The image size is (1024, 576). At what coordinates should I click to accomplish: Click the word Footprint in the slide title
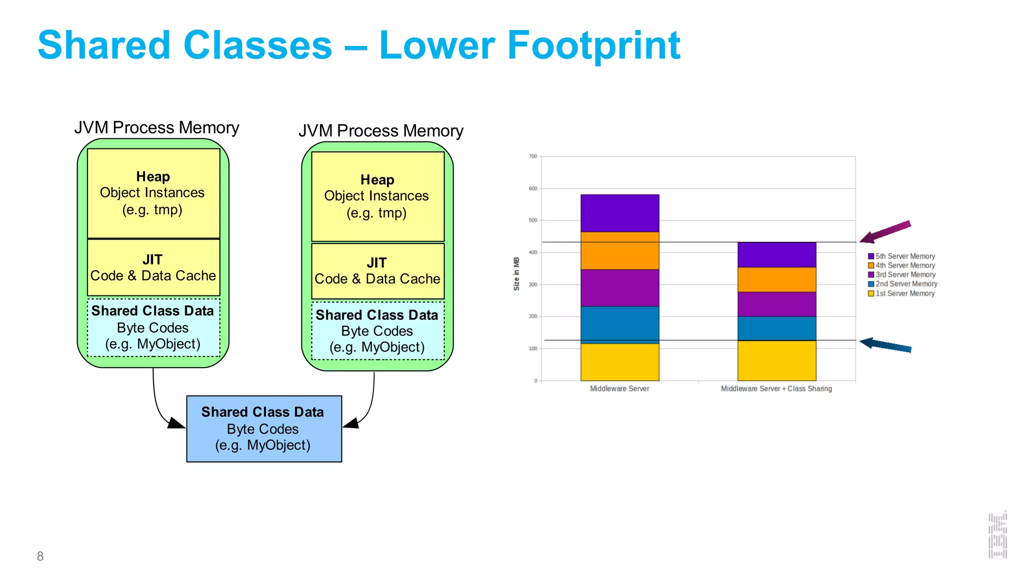[593, 46]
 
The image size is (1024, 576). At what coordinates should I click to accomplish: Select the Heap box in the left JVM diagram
[153, 193]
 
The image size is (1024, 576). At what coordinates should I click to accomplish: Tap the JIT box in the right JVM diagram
[377, 271]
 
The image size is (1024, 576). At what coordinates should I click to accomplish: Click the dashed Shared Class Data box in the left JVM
[153, 327]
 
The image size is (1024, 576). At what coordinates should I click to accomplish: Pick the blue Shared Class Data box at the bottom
[263, 428]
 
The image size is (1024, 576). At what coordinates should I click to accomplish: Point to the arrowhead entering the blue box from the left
[176, 423]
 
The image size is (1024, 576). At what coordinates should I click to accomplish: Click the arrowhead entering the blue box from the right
[351, 423]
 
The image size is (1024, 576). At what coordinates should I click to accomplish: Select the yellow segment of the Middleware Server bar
[619, 362]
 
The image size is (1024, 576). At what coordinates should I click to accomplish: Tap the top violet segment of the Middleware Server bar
[619, 213]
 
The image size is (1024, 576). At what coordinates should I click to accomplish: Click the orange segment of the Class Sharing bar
[776, 279]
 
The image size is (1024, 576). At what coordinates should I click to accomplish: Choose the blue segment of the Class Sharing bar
[776, 328]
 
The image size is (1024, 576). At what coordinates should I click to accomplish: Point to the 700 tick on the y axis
[533, 156]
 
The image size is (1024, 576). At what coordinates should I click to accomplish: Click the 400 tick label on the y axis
[533, 252]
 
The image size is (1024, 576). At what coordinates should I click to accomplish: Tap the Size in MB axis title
[516, 273]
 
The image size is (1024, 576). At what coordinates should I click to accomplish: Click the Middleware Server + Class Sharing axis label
[776, 388]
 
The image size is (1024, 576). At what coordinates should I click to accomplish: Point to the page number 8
[40, 556]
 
